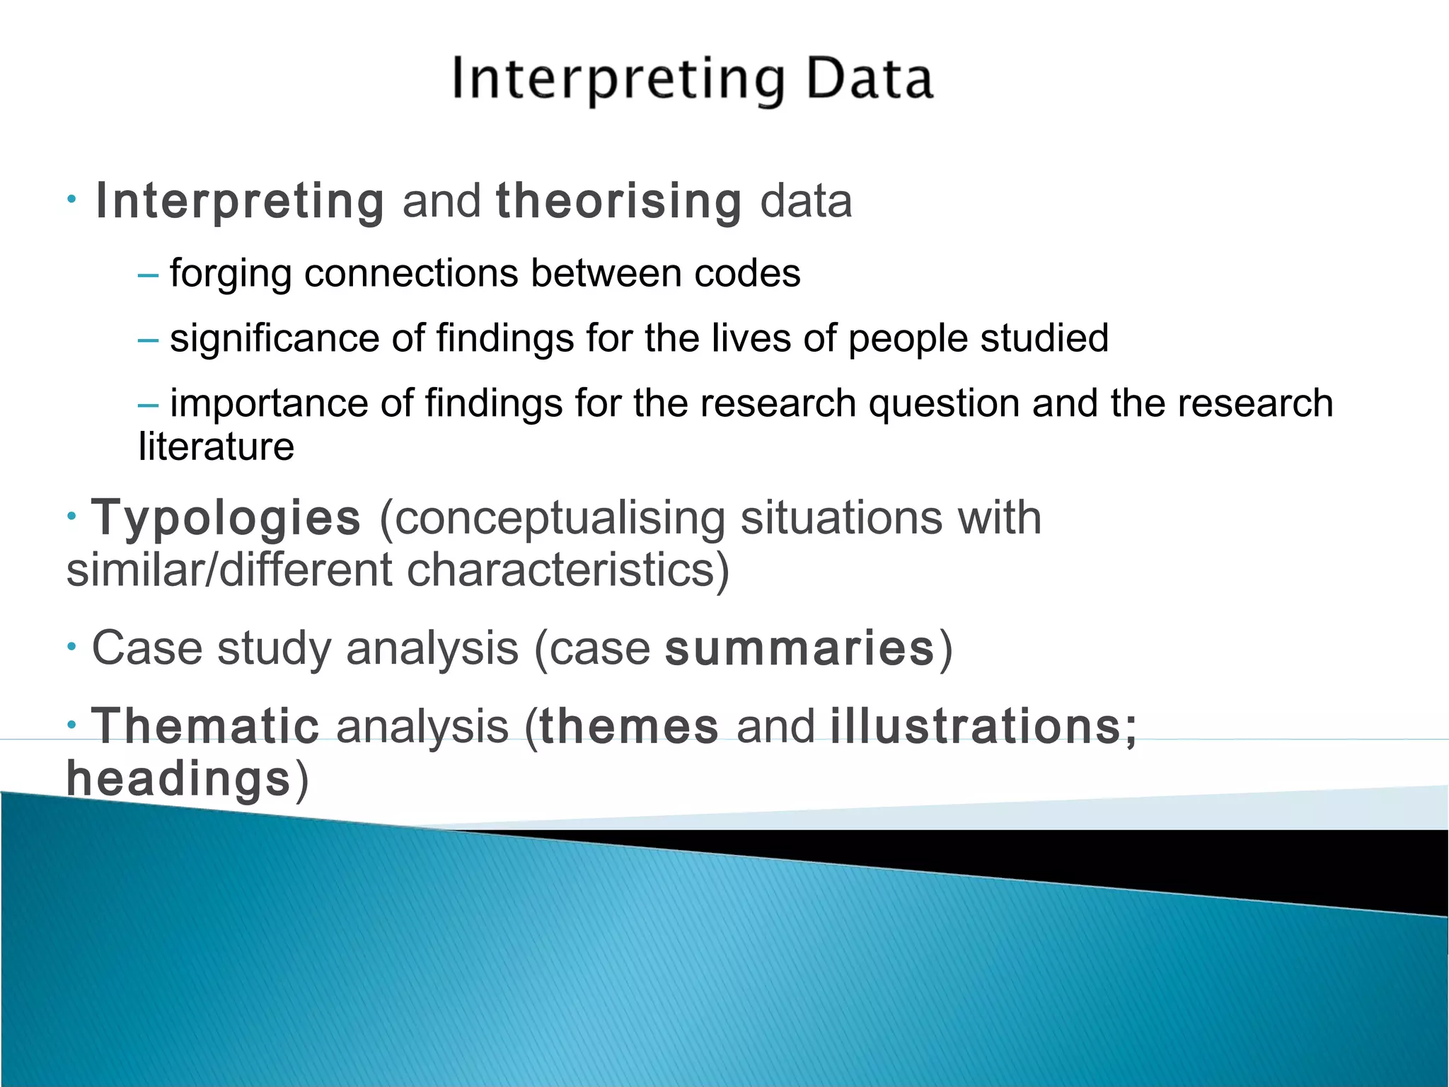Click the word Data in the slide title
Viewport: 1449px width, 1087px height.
point(869,79)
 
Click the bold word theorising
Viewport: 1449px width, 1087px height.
point(619,202)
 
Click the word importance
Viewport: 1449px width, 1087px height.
point(269,403)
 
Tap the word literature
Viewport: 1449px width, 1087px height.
point(216,447)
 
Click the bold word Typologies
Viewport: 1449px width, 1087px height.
point(226,519)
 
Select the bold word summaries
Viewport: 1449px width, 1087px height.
point(800,649)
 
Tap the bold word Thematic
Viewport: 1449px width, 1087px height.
point(206,727)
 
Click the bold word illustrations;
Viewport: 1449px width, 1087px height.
point(983,727)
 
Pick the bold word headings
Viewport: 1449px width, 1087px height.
point(178,779)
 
